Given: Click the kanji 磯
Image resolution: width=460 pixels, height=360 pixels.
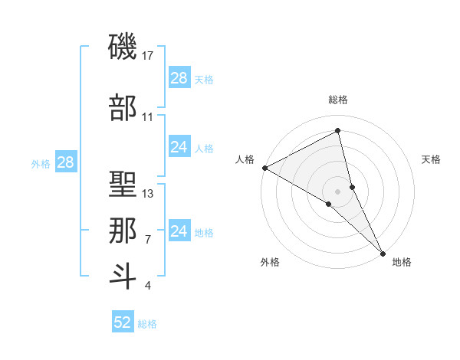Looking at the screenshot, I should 123,48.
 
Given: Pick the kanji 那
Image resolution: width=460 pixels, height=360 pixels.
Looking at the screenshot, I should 123,231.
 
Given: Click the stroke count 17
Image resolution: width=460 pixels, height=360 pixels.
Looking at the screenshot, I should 148,56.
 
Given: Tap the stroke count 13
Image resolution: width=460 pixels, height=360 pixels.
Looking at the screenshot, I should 148,194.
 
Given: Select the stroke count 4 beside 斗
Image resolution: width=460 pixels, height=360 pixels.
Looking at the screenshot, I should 148,286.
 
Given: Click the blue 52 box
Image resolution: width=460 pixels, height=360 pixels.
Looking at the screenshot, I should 123,323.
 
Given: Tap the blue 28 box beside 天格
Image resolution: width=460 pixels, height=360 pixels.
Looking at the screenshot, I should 179,78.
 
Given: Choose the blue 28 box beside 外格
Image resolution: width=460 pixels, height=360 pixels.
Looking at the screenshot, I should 65,162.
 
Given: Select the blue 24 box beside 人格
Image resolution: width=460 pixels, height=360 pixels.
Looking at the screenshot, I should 179,147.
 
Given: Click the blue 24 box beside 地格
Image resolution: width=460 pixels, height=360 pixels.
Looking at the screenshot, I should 179,231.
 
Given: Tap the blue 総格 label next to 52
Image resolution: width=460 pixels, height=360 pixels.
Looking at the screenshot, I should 147,324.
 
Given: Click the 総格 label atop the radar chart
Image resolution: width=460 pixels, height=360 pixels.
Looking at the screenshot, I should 337,100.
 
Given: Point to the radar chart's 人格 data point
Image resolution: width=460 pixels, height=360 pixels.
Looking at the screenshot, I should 264,168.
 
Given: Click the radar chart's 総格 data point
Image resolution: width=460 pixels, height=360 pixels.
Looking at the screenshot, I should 337,131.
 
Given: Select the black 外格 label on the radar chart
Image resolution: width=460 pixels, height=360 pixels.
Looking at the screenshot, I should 270,262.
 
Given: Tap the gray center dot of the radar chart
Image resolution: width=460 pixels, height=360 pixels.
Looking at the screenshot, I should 337,190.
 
